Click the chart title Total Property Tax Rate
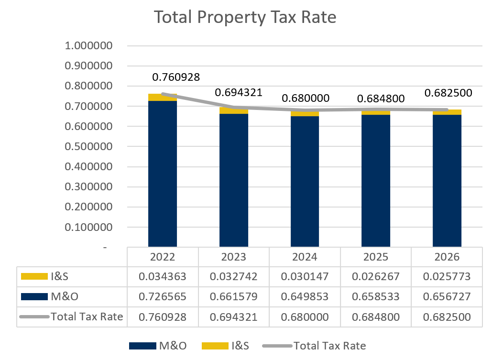[245, 17]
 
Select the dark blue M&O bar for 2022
[163, 175]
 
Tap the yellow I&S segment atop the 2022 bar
[163, 98]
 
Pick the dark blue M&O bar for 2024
[305, 182]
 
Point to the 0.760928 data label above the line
[176, 76]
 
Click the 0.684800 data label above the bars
[381, 99]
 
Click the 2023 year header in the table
[233, 257]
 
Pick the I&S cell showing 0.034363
[163, 276]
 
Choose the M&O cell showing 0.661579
[233, 296]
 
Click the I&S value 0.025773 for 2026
[447, 276]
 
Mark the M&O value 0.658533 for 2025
[375, 296]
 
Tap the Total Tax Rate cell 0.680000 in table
[305, 316]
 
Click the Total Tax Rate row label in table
[87, 316]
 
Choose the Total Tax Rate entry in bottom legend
[329, 346]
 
